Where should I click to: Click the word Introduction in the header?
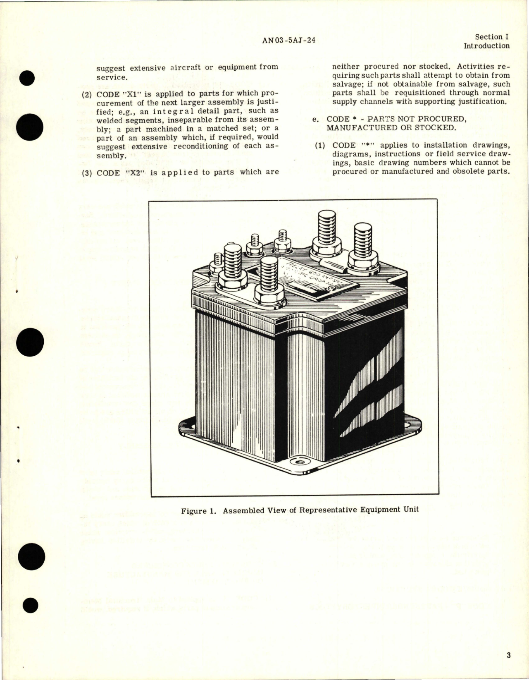[486, 46]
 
